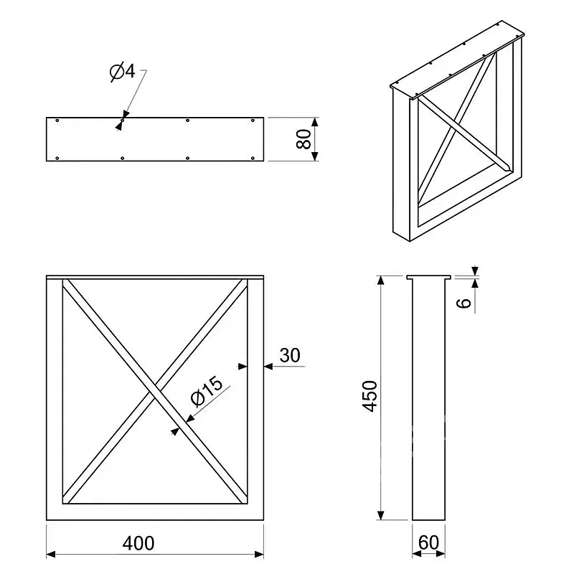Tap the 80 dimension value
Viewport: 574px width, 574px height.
point(304,139)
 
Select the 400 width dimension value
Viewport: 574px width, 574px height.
point(138,543)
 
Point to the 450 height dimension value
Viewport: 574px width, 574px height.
point(370,397)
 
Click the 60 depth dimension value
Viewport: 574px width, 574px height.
point(428,542)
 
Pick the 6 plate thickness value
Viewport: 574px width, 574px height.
point(464,303)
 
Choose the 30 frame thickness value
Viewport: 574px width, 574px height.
point(290,355)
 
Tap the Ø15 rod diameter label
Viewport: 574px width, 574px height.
point(207,391)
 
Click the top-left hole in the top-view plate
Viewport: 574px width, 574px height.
point(57,121)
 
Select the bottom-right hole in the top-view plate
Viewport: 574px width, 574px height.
point(253,158)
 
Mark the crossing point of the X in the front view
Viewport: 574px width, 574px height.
point(155,391)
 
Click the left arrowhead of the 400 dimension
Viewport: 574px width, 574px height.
point(51,554)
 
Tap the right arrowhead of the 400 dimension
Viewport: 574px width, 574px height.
point(259,554)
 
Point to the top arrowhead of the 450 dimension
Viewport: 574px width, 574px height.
point(381,280)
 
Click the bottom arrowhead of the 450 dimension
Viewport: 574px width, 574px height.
point(381,515)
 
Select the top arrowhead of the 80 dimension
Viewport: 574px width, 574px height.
point(315,122)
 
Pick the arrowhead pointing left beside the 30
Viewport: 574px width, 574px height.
point(268,366)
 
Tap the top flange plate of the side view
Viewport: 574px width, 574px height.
point(428,277)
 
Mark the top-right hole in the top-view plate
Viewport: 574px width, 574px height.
point(253,121)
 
